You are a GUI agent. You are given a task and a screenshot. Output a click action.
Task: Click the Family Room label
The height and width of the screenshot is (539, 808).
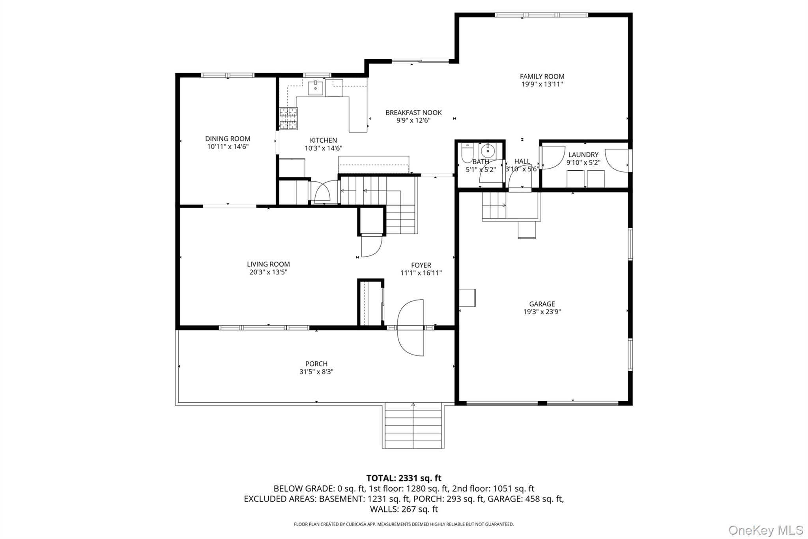[x=542, y=77]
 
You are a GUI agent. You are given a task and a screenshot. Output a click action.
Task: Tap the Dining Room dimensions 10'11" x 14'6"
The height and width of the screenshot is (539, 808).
[x=228, y=146]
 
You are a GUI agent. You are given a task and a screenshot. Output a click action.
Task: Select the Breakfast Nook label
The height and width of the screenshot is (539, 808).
[x=413, y=113]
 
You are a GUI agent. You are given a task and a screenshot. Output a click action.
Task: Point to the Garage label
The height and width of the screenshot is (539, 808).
[x=542, y=304]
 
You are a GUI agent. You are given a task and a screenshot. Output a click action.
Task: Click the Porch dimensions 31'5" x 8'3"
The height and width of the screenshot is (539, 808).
[x=316, y=372]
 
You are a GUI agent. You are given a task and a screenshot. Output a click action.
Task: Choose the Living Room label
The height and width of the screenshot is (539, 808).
[x=268, y=264]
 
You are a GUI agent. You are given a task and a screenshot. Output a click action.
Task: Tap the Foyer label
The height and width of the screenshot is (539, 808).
[x=421, y=265]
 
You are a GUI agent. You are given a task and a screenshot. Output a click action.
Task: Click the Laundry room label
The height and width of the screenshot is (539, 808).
[x=583, y=155]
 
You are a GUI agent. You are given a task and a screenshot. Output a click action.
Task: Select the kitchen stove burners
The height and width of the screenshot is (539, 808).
[x=288, y=118]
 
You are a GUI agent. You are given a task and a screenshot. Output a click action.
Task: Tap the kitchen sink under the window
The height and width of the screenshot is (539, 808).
[x=316, y=88]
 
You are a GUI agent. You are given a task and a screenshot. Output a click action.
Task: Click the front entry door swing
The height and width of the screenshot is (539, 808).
[x=410, y=328]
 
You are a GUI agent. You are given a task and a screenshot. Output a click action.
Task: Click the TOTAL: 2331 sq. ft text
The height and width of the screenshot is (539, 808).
[x=404, y=478]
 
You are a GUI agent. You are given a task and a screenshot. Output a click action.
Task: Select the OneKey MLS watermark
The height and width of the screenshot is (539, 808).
[x=766, y=530]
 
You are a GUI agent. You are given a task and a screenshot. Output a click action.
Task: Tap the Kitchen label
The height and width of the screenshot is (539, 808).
[x=323, y=141]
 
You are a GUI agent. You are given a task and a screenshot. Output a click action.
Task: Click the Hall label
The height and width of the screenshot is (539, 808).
[x=522, y=162]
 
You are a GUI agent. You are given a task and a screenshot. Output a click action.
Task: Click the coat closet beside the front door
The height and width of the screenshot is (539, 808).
[x=371, y=303]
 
